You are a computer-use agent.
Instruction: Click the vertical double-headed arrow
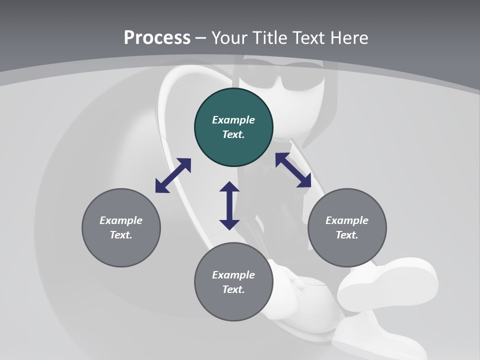click(x=229, y=205)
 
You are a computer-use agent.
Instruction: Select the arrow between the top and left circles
click(x=173, y=175)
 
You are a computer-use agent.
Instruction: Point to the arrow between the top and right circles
click(x=293, y=170)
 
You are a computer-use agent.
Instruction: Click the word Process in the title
click(x=157, y=38)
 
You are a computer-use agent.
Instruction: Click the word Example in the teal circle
click(x=233, y=120)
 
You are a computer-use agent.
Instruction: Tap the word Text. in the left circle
click(x=121, y=235)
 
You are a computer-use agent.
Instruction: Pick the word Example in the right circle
click(x=347, y=220)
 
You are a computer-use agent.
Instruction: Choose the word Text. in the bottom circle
click(x=233, y=289)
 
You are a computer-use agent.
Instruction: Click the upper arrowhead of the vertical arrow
click(x=229, y=187)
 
